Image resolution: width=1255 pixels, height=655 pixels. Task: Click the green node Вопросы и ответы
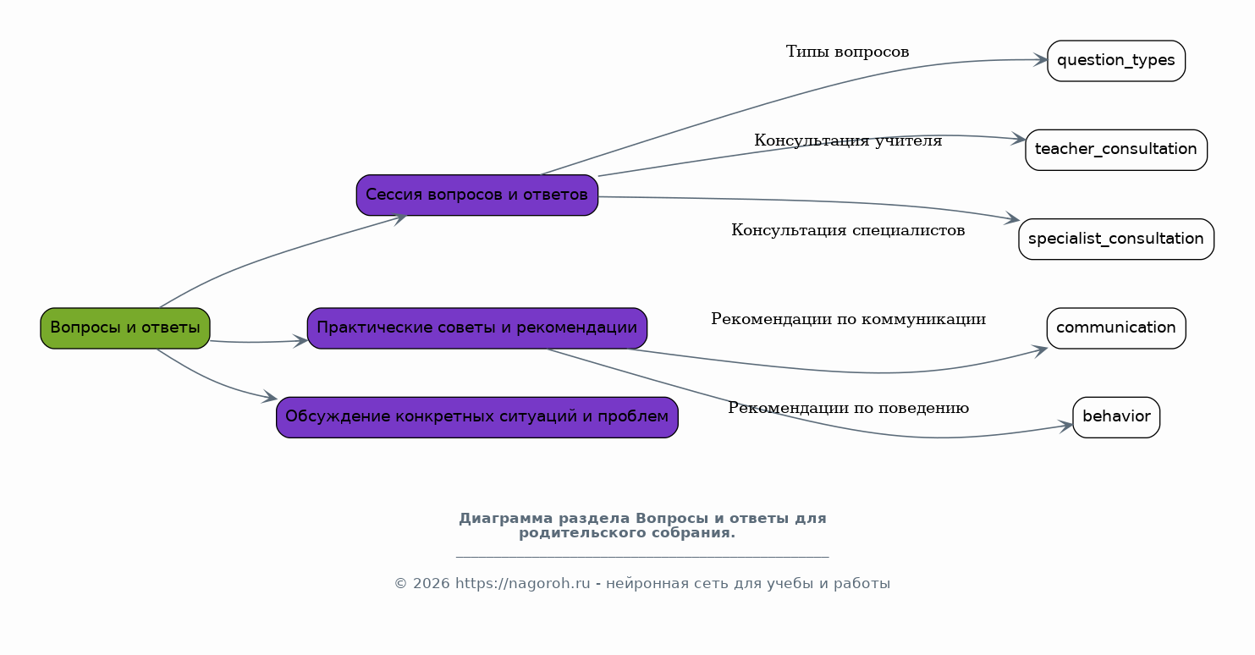point(125,328)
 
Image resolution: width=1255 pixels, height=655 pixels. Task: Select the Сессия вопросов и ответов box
point(477,195)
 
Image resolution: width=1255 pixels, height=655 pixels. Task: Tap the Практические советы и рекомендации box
point(477,328)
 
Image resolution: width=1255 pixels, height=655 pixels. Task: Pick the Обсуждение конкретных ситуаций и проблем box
point(477,417)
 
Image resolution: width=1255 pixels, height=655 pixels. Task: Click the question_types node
point(1116,61)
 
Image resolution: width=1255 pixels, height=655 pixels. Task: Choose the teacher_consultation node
point(1116,150)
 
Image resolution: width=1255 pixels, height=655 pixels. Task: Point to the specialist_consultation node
point(1116,239)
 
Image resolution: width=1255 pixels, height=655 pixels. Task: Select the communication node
point(1116,328)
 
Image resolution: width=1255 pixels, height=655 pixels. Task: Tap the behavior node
point(1116,417)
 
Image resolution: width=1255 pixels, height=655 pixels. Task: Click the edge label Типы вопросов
point(847,52)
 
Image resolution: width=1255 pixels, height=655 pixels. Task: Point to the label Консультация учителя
point(848,140)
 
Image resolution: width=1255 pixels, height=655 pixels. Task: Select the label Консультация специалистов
point(848,230)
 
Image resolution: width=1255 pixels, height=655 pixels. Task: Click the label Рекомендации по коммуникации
point(848,319)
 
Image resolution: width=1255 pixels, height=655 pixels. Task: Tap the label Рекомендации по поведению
point(848,409)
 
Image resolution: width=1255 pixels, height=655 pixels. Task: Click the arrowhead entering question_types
point(1040,60)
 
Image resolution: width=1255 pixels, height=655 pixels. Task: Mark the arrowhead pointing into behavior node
point(1065,427)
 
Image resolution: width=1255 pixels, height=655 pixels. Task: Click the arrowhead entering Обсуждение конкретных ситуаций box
point(269,397)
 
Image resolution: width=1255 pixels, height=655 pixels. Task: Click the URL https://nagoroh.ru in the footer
point(523,584)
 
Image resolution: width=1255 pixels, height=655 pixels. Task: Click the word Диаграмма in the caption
point(506,519)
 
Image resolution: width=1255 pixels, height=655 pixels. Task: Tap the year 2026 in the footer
point(432,584)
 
